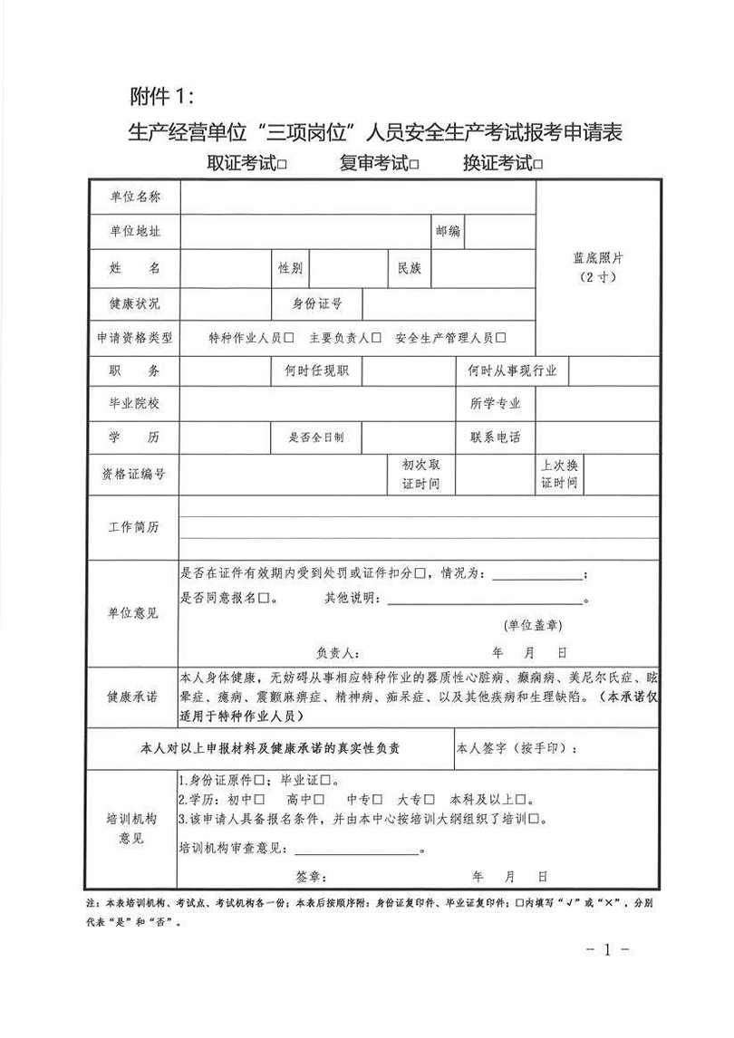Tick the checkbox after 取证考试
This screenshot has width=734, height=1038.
coord(284,165)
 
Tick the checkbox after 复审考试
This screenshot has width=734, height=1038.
coord(414,165)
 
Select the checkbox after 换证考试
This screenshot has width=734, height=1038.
coord(538,165)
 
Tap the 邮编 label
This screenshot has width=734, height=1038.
coord(448,232)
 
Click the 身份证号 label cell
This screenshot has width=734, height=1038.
coord(316,303)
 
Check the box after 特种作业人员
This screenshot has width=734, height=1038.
coord(289,338)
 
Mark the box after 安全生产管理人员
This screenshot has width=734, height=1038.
coord(501,338)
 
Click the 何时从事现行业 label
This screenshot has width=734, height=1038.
coord(512,370)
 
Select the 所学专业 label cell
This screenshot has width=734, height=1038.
coord(496,404)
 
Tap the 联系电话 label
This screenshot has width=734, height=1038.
coord(496,437)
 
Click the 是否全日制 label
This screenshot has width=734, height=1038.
coord(316,437)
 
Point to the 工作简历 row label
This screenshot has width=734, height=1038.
coord(134,528)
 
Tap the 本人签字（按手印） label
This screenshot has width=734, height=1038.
coord(516,749)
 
